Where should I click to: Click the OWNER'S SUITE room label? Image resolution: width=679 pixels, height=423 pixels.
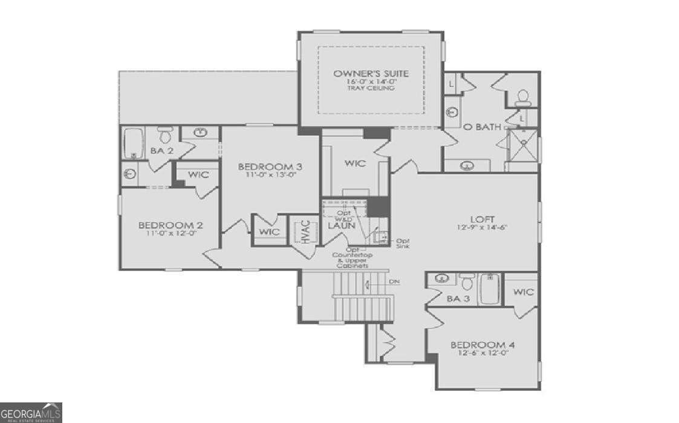pyautogui.click(x=371, y=74)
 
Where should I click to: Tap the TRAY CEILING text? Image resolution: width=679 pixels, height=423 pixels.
pyautogui.click(x=371, y=88)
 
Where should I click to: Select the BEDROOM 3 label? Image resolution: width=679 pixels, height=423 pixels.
pyautogui.click(x=270, y=166)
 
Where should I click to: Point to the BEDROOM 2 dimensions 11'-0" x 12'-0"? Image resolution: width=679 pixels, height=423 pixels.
pyautogui.click(x=171, y=235)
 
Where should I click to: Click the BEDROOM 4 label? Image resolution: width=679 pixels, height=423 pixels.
pyautogui.click(x=482, y=345)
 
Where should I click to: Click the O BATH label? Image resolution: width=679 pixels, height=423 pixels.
pyautogui.click(x=482, y=127)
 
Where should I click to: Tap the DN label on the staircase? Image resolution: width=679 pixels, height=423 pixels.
pyautogui.click(x=394, y=282)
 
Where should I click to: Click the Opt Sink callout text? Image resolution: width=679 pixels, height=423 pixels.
pyautogui.click(x=402, y=243)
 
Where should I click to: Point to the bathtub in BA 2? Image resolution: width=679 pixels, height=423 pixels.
pyautogui.click(x=133, y=143)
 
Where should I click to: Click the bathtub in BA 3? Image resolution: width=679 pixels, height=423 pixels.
pyautogui.click(x=490, y=289)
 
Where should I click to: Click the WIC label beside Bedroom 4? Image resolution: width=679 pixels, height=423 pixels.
pyautogui.click(x=524, y=292)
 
